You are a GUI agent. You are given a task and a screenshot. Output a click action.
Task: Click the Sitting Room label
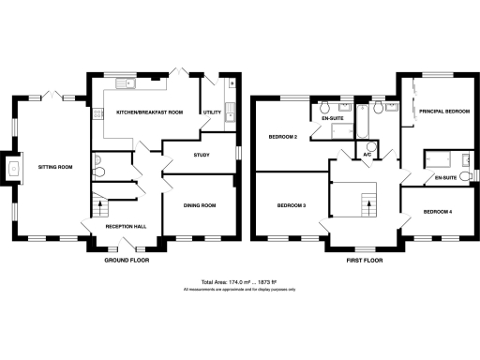[54, 166]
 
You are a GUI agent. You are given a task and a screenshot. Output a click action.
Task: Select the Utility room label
[212, 112]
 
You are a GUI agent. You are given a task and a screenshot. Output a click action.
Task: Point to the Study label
[201, 156]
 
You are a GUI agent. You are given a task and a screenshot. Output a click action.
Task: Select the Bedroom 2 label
[283, 138]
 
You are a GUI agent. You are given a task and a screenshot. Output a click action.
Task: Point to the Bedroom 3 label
[291, 204]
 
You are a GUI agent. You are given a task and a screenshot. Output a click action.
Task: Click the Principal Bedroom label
[443, 112]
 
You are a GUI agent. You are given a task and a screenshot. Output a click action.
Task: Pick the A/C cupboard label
[368, 156]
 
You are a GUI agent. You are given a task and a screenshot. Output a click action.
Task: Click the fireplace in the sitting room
[11, 169]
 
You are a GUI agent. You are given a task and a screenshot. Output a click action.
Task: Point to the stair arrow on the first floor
[368, 199]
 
